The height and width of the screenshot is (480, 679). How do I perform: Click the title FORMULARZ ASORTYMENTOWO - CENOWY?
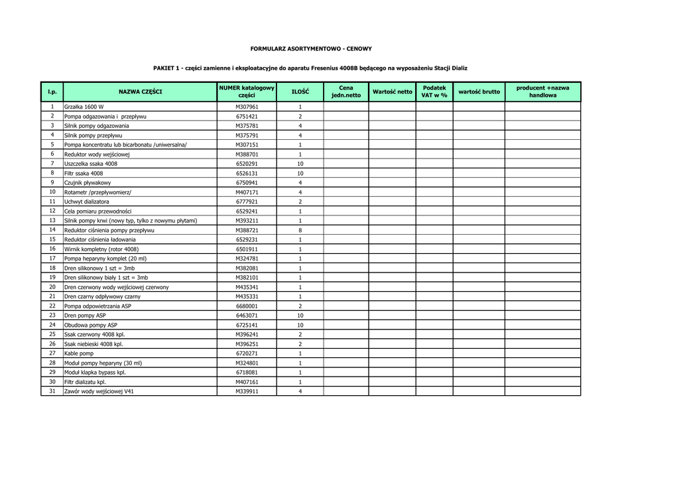click(310, 48)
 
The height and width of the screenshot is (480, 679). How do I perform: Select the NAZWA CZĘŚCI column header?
click(140, 91)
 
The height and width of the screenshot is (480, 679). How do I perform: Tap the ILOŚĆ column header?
click(300, 91)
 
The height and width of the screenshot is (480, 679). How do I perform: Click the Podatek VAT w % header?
click(434, 91)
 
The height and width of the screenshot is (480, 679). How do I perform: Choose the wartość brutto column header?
click(479, 91)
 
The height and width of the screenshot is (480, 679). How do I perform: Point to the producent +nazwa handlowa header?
click(542, 91)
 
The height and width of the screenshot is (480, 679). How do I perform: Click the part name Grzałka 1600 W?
click(84, 106)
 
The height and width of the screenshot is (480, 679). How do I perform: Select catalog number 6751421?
click(247, 116)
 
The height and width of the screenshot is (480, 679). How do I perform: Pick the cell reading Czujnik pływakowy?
click(88, 182)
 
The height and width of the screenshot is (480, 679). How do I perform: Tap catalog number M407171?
click(247, 192)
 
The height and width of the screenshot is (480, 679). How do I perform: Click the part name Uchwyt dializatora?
click(87, 202)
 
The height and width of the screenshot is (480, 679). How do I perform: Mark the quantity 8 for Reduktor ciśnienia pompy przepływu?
click(300, 230)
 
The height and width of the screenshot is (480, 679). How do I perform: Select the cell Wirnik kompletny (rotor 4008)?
click(101, 249)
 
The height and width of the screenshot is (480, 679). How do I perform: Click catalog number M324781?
click(247, 259)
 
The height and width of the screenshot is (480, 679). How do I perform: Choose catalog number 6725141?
click(247, 326)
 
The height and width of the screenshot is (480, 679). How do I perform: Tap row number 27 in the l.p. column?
click(52, 353)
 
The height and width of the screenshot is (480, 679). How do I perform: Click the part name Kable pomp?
click(79, 353)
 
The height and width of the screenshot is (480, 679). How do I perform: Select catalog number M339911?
click(247, 392)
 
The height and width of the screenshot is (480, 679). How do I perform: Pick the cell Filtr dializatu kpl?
click(85, 382)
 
